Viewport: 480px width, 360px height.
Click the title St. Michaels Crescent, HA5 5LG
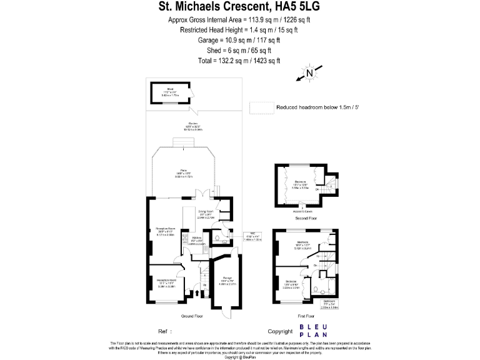pyautogui.click(x=239, y=7)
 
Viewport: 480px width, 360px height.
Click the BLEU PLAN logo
pyautogui.click(x=318, y=331)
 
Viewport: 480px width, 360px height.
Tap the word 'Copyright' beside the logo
pyautogui.click(x=279, y=331)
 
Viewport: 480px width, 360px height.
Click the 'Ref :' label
pyautogui.click(x=165, y=331)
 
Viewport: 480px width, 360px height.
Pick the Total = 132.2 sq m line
pyautogui.click(x=239, y=61)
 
